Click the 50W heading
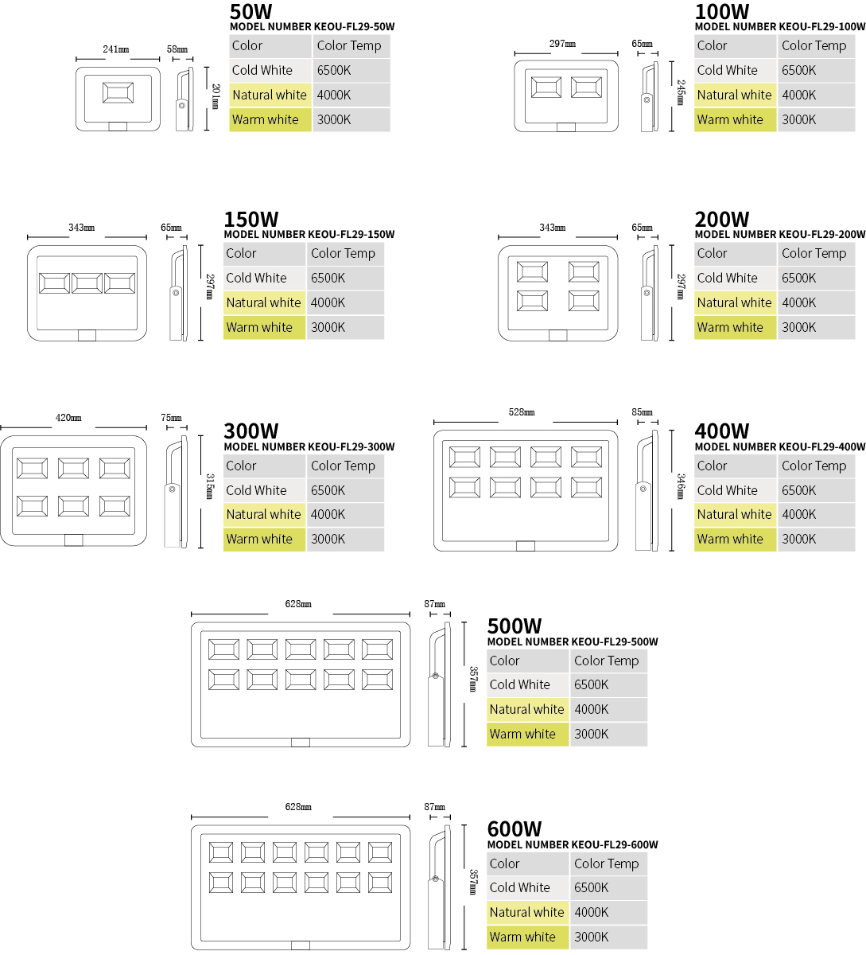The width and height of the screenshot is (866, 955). coord(250,11)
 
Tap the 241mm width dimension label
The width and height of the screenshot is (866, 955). coord(115,49)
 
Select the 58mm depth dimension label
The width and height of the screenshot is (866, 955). coord(177,49)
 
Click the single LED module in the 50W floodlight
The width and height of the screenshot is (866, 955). coord(118,92)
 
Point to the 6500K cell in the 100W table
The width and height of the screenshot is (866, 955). coord(817,71)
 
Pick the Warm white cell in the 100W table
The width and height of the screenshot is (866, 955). coord(735,119)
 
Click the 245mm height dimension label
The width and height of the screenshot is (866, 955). coord(681,92)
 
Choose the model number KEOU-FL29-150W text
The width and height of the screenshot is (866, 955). coord(309,234)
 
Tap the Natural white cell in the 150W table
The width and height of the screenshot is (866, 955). coord(265,302)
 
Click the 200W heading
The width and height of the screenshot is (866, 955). coord(722,220)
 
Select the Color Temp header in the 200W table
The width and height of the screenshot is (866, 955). coord(817,253)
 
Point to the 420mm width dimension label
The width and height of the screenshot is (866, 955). coord(68,418)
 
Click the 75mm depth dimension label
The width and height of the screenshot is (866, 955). coord(171,418)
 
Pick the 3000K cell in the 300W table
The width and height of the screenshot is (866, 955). coord(345,539)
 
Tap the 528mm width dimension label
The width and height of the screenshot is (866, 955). coord(522,411)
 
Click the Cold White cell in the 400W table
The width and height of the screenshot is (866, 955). coord(735,490)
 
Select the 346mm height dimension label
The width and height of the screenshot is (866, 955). coord(681,486)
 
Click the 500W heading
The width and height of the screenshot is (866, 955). coord(515,626)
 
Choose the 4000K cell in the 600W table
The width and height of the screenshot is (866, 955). coord(609,912)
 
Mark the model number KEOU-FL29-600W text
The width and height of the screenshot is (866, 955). coord(573,844)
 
